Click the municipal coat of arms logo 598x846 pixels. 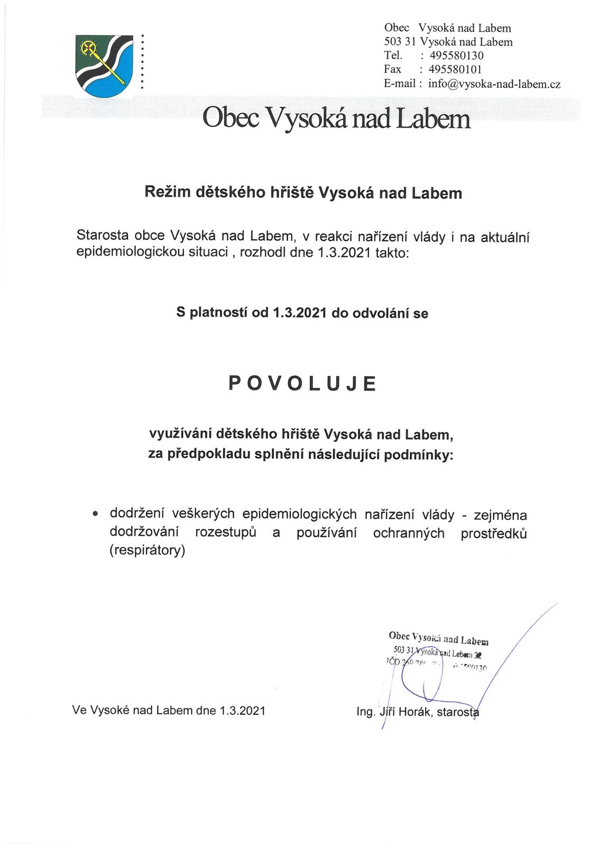click(x=104, y=66)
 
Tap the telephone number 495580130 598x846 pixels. click(x=456, y=56)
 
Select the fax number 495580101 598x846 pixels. click(x=455, y=69)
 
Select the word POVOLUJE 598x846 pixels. click(x=302, y=383)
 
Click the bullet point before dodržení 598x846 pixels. click(x=95, y=514)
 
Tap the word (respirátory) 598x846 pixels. click(x=147, y=551)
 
